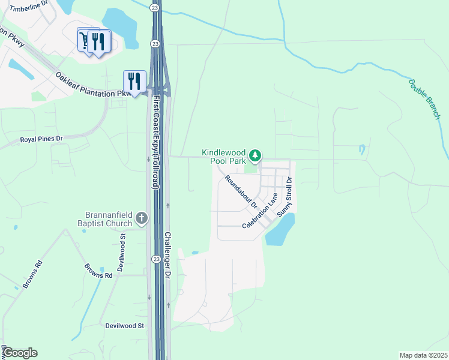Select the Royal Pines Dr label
point(41,139)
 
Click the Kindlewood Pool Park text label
point(224,157)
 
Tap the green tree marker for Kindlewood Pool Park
point(256,156)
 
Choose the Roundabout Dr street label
point(241,191)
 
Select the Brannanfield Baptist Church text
point(107,219)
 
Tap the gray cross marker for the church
point(142,218)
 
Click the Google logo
point(19,353)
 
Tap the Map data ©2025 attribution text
point(423,355)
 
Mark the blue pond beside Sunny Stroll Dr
point(280,230)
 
